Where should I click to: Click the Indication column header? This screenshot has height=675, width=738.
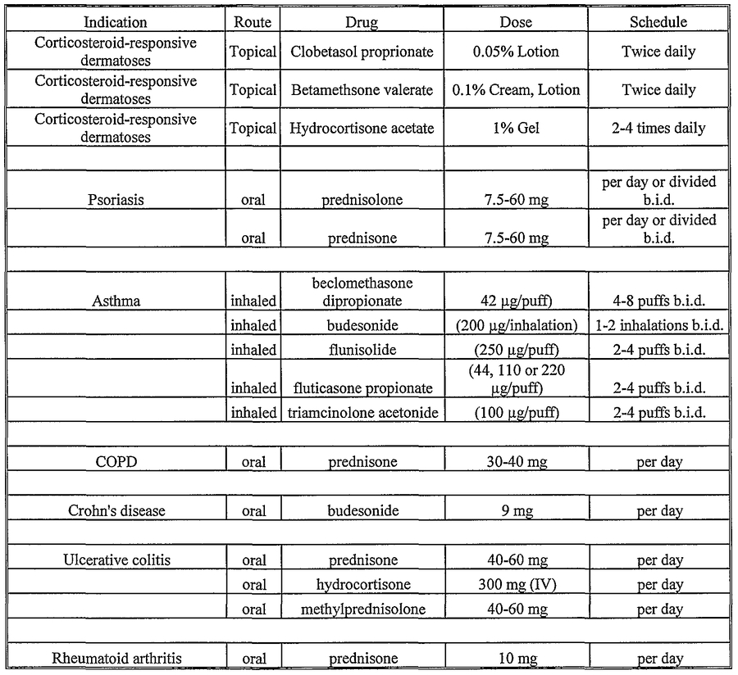[x=116, y=22]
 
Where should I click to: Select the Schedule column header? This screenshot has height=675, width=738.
[x=658, y=22]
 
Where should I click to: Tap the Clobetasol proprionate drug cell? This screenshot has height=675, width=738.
[x=362, y=52]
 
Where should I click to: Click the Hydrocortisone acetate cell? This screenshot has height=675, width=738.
[x=362, y=129]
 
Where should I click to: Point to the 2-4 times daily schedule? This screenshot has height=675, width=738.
[x=658, y=129]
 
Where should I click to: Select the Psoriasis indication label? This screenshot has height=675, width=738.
[x=116, y=199]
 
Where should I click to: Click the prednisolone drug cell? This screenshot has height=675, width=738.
[x=362, y=199]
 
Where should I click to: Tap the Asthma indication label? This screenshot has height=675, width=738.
[x=116, y=301]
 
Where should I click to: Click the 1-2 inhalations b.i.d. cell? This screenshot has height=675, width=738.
[x=658, y=325]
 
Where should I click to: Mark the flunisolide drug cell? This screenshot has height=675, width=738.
[x=362, y=350]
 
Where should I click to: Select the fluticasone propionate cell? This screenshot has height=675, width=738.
[x=362, y=387]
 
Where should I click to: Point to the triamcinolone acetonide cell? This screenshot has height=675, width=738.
[x=362, y=412]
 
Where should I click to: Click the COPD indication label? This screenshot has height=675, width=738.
[x=116, y=462]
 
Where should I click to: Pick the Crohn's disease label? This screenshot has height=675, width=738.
[x=116, y=511]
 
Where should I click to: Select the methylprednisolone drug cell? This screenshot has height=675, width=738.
[x=362, y=609]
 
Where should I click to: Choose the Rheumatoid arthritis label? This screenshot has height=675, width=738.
[x=116, y=659]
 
